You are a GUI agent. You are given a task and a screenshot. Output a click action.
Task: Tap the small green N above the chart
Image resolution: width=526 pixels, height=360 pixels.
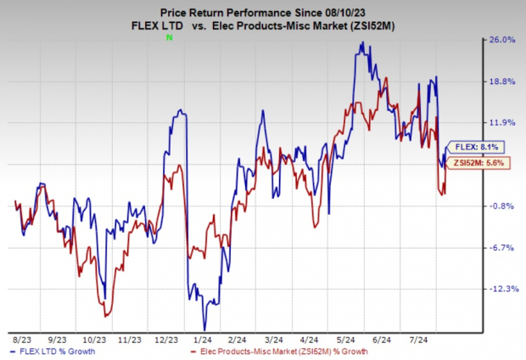pyautogui.click(x=169, y=38)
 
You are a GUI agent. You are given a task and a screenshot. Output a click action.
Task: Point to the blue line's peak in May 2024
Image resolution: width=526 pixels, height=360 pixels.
pyautogui.click(x=361, y=43)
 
